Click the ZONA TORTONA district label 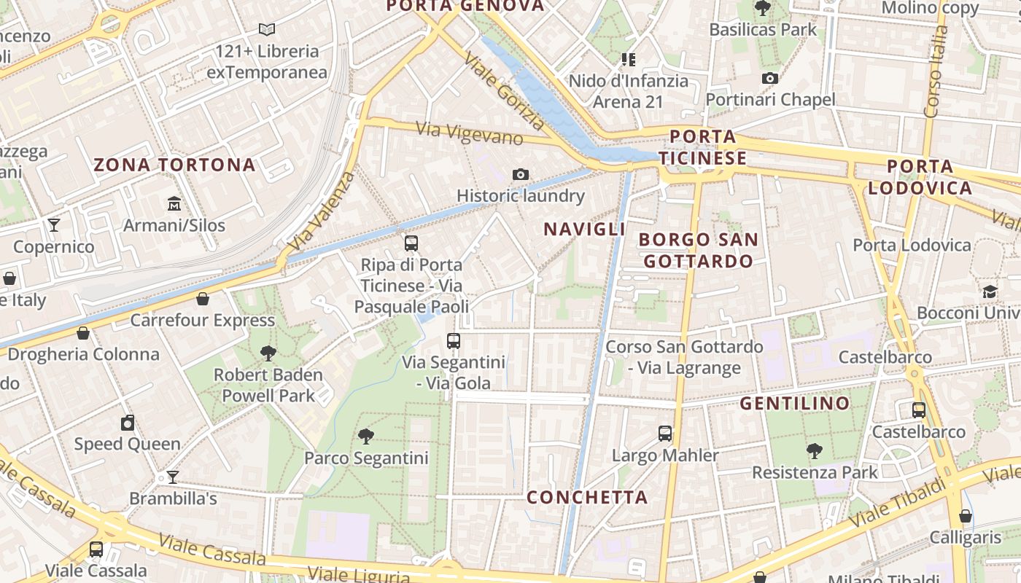(174, 165)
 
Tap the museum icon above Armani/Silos (174, 203)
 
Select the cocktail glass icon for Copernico (54, 224)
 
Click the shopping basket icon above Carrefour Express (203, 299)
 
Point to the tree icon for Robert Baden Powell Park (268, 353)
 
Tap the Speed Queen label (128, 444)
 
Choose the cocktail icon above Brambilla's (172, 477)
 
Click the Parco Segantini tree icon (366, 437)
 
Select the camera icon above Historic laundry (520, 174)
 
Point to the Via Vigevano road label (470, 133)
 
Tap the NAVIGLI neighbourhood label (584, 229)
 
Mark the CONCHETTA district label (587, 497)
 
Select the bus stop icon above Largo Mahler (665, 434)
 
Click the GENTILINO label (795, 403)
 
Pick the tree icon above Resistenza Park (814, 451)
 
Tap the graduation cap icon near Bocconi (990, 291)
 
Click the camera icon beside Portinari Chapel (769, 78)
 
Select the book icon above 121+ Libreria (267, 30)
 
